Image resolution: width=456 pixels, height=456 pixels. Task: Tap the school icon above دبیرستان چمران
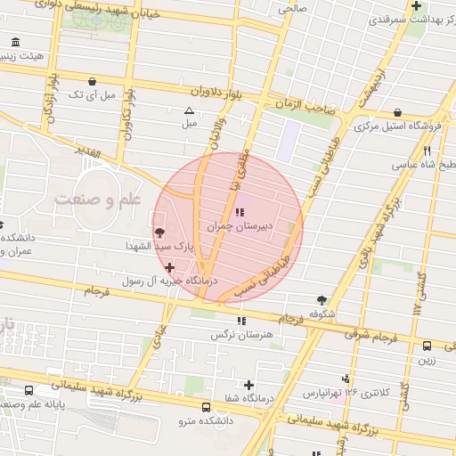pos(240,212)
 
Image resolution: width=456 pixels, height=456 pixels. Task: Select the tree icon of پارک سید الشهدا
pos(159,232)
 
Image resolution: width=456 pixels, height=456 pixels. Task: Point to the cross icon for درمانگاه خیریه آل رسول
pos(170,267)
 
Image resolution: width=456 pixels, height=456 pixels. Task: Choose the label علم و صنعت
pos(97,200)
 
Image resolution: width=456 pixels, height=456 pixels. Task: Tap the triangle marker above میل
pos(188,111)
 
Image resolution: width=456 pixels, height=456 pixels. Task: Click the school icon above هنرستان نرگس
pos(240,322)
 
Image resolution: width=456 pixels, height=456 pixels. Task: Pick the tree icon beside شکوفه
pos(322,300)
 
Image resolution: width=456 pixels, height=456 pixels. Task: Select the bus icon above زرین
pos(427,346)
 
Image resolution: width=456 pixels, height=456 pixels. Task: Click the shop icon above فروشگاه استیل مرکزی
pos(397,113)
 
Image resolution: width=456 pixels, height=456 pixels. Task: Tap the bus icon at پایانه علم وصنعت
pos(30,390)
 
